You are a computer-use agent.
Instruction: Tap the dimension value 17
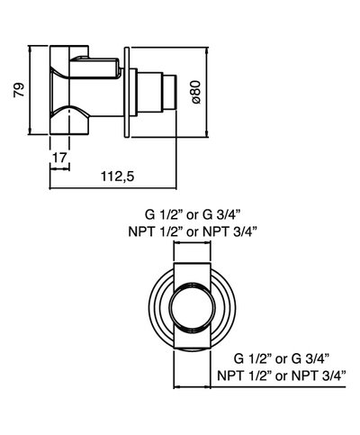60,158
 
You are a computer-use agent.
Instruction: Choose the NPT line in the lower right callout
288,373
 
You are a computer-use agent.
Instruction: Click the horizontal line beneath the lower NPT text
270,385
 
